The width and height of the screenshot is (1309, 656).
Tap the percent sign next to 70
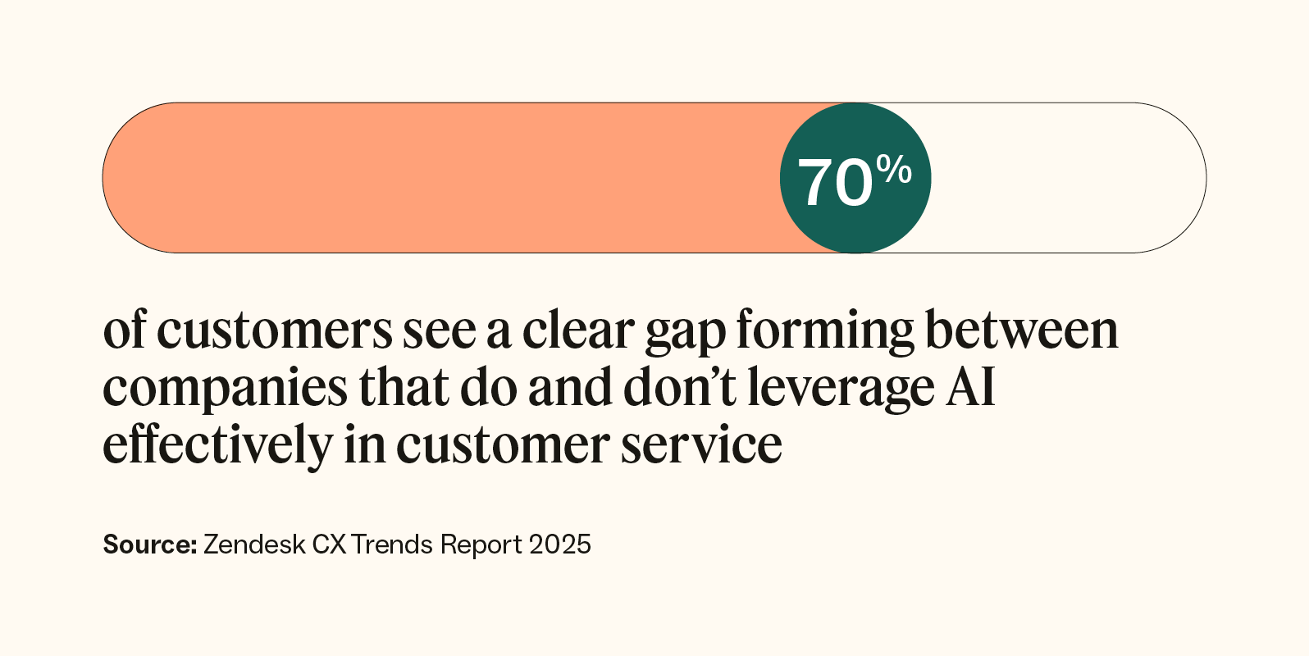(x=893, y=170)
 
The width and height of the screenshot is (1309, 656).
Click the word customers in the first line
(x=274, y=330)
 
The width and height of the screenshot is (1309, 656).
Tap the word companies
(x=225, y=389)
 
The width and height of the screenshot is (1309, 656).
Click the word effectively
(x=217, y=445)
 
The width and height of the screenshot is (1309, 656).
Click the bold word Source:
(x=150, y=544)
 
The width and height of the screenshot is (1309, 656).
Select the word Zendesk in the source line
(x=254, y=544)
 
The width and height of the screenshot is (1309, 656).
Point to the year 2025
(x=559, y=544)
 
